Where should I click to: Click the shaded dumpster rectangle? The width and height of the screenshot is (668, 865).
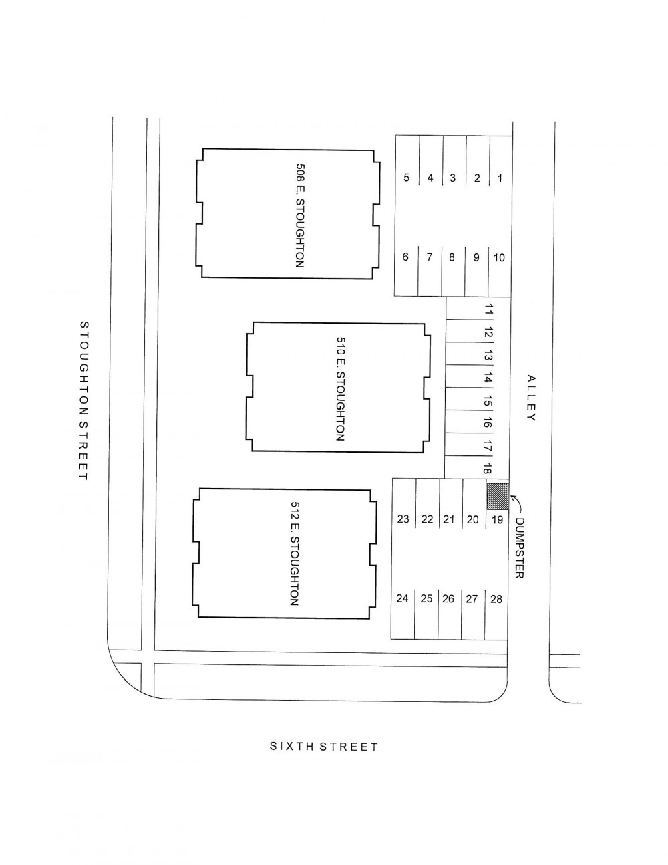point(498,496)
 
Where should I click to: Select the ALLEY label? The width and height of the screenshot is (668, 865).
point(531,398)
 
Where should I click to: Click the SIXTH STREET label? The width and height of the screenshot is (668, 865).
point(324,747)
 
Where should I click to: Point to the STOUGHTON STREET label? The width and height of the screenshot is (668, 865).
point(84,400)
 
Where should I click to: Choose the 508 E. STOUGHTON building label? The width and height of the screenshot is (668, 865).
point(300,215)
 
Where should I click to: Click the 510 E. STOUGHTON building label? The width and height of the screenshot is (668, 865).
point(340,388)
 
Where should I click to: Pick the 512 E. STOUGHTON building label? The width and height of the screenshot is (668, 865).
point(295,553)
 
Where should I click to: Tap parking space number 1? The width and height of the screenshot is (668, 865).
point(500,178)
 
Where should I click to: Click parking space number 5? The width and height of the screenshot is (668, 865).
point(406,178)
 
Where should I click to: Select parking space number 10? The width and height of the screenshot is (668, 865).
point(499,257)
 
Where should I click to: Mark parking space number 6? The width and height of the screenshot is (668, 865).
point(405,257)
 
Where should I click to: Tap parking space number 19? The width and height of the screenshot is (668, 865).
point(498,519)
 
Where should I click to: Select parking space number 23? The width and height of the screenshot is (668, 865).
point(403,519)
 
